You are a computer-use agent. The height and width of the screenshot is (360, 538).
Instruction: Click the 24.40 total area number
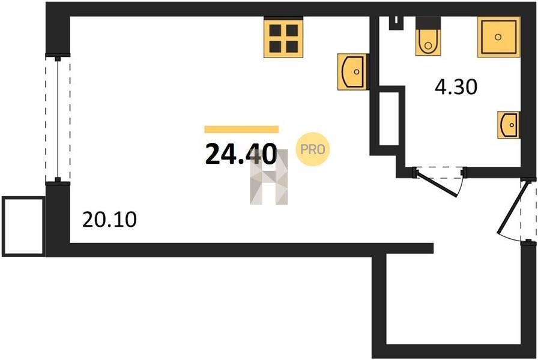tap(241, 155)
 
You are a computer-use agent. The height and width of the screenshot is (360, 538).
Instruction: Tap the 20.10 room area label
tap(109, 220)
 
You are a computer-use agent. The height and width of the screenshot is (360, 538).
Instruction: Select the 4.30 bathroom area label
tap(456, 88)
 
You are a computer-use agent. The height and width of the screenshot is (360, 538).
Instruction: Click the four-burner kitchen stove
tap(283, 38)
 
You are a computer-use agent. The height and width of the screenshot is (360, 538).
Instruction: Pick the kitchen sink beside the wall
tap(352, 71)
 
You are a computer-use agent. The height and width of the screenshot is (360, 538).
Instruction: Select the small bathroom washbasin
tap(509, 125)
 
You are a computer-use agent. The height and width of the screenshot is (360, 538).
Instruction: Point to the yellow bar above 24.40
tap(241, 129)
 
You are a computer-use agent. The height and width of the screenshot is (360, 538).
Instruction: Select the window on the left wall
tap(58, 119)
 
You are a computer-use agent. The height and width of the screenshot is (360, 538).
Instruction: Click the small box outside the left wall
tap(23, 226)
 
